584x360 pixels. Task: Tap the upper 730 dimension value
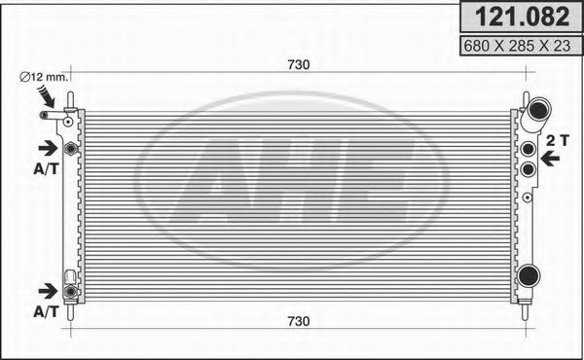[298, 65]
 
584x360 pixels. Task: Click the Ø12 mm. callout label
[43, 77]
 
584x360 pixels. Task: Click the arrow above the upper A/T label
[46, 148]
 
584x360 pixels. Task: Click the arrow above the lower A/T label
[46, 291]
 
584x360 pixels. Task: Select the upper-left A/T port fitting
[70, 148]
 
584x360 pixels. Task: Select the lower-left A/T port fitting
[70, 290]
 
